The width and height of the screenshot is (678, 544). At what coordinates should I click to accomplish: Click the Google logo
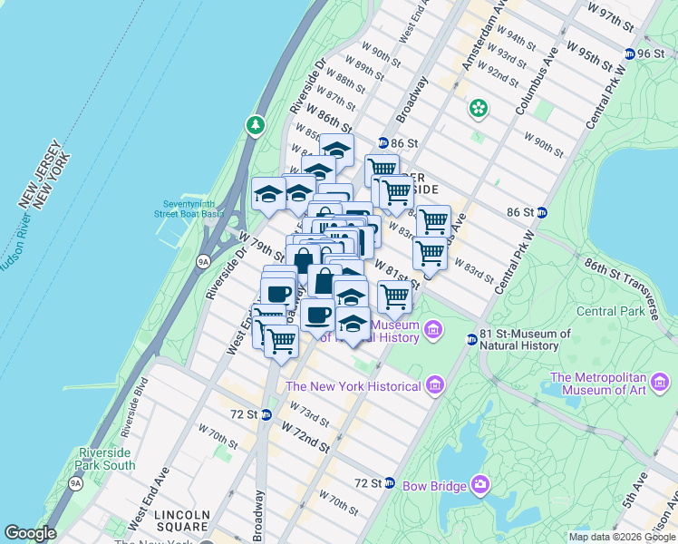point(30,533)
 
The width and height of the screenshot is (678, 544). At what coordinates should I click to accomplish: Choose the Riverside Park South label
point(107,459)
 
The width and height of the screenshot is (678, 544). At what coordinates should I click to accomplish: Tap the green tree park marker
point(257,124)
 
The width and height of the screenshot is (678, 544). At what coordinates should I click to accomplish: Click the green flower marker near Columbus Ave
point(478,110)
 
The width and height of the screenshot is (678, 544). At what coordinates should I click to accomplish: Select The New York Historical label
point(353,386)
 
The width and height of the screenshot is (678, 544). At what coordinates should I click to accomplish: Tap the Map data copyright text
point(622,537)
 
